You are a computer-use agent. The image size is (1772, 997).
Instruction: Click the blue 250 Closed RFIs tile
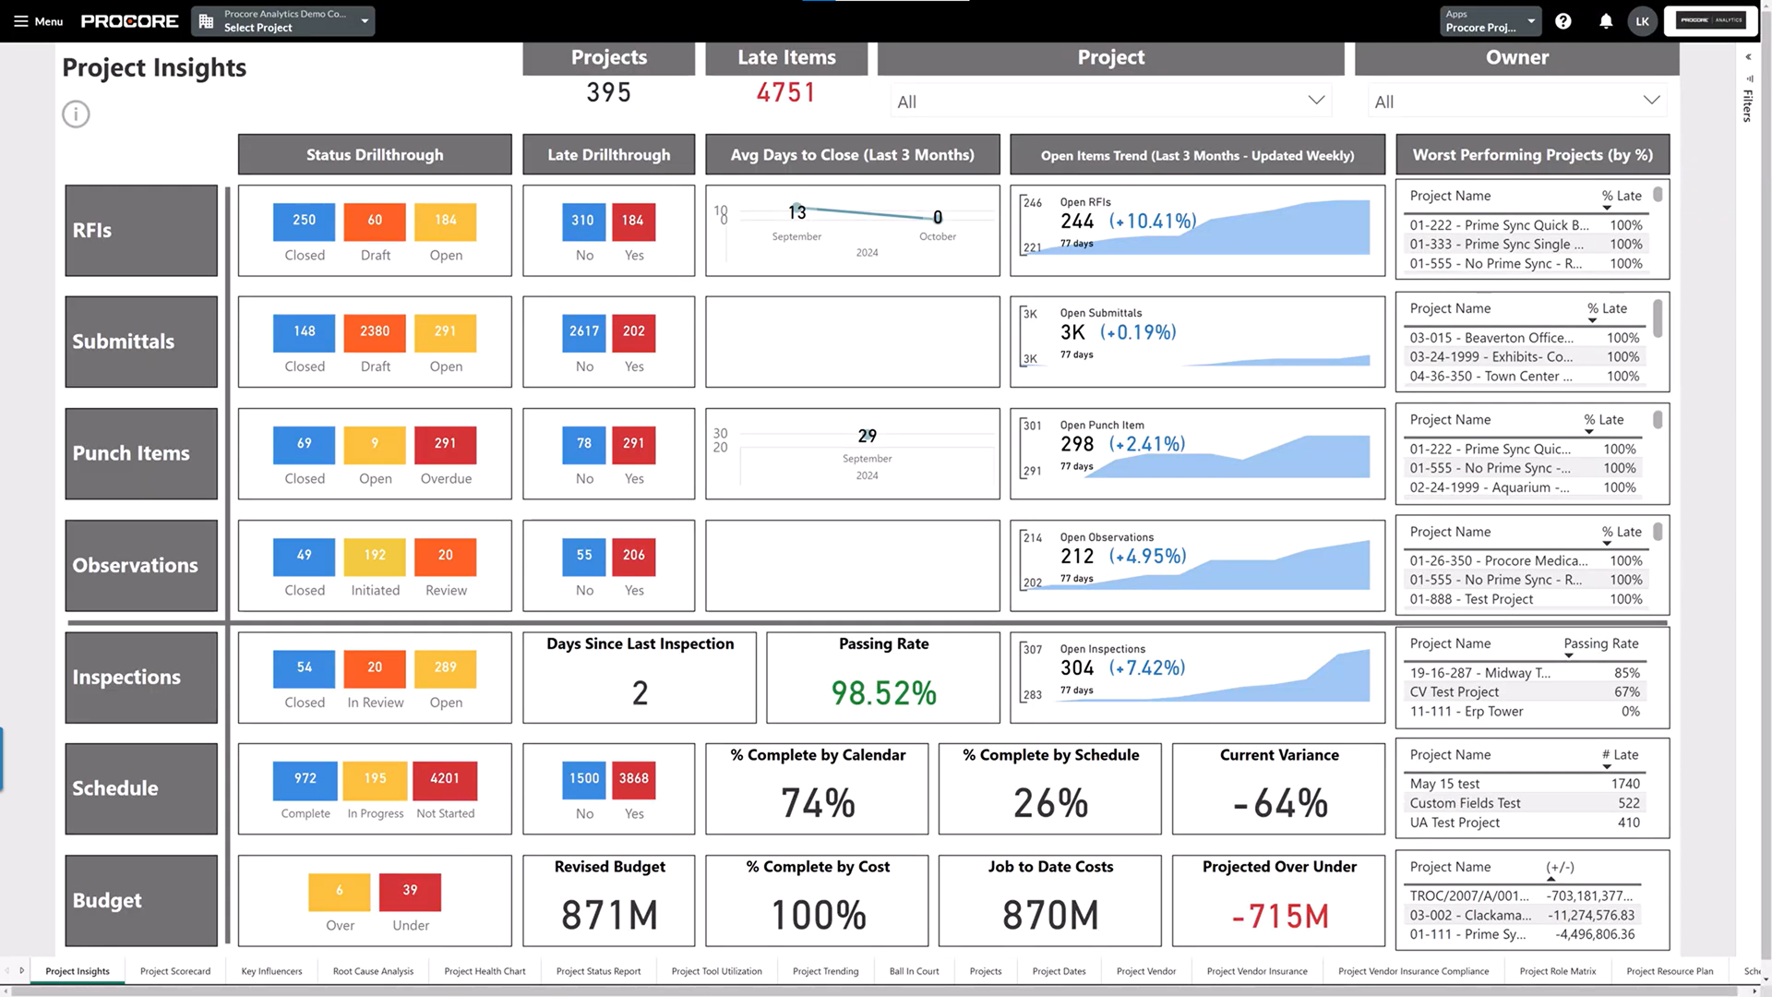click(x=304, y=221)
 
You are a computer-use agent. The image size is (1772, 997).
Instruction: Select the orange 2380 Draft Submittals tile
click(x=374, y=331)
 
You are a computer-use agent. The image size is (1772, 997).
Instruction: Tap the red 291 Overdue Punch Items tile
click(x=445, y=444)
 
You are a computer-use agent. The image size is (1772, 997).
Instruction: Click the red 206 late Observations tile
click(x=633, y=556)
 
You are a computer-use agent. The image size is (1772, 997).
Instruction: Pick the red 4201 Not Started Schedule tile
click(x=445, y=779)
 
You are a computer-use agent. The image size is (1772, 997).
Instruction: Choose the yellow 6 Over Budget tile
click(x=339, y=891)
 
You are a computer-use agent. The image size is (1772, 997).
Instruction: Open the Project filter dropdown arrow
click(x=1316, y=101)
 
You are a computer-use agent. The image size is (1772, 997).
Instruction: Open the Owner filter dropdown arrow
click(x=1651, y=101)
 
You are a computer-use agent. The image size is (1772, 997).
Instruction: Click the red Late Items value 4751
click(x=786, y=93)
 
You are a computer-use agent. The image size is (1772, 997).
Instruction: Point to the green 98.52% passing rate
click(x=883, y=693)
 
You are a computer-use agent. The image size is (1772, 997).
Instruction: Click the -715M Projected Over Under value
click(x=1279, y=917)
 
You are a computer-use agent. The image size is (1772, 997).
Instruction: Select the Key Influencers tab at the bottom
click(x=271, y=971)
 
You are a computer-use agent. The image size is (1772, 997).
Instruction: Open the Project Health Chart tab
click(x=485, y=971)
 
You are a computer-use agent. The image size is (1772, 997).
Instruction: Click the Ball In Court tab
click(x=914, y=971)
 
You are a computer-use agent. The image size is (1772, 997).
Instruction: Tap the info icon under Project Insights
click(x=76, y=114)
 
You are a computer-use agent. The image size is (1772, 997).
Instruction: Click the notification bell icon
click(x=1606, y=21)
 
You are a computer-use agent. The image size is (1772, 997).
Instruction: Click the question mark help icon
click(x=1562, y=21)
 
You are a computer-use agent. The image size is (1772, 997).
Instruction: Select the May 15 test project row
click(x=1444, y=784)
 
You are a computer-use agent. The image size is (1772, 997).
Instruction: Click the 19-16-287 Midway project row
click(x=1479, y=673)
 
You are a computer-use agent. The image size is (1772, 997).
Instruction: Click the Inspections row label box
click(x=141, y=677)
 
